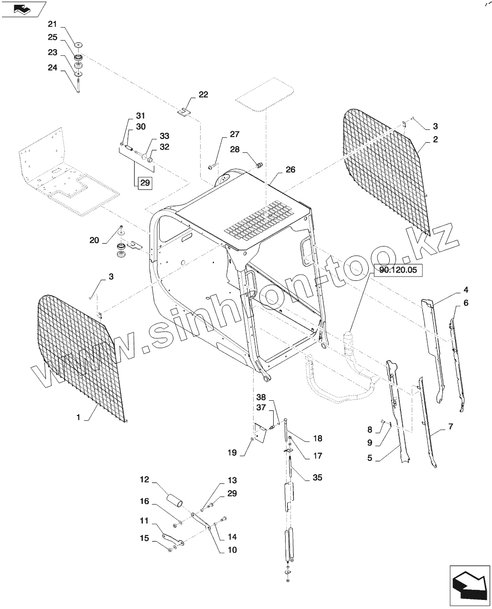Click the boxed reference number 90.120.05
coord(398,270)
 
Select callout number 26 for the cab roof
coord(290,170)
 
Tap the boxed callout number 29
coord(145,183)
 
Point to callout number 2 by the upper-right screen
coord(435,139)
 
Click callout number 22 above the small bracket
coord(203,95)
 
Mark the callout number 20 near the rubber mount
coord(94,240)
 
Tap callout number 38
coord(260,397)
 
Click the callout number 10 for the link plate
coord(232,550)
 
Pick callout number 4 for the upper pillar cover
coord(465,290)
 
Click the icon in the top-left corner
coord(21,8)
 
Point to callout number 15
coord(145,539)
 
